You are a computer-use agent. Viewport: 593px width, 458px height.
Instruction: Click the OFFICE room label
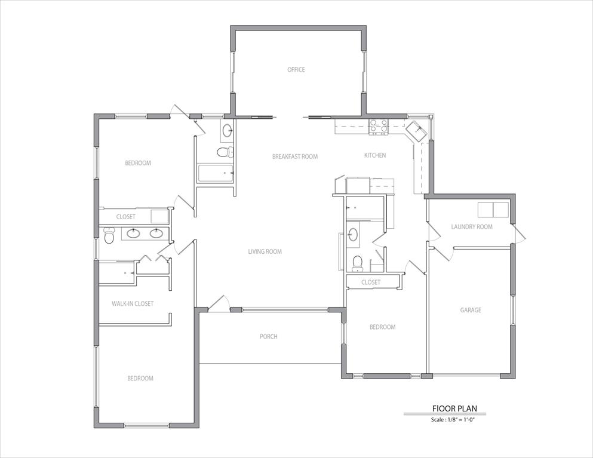296,70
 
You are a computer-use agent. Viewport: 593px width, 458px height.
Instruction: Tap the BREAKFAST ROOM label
295,156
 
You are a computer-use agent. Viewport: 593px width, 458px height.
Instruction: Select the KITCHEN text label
375,155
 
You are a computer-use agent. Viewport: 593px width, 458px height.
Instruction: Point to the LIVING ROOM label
265,252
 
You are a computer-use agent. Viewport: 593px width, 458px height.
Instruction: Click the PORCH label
269,337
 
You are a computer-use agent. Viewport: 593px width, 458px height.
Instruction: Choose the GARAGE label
471,311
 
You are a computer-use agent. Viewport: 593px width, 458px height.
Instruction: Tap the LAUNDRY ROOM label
472,227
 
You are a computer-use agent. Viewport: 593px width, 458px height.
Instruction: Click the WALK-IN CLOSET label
133,304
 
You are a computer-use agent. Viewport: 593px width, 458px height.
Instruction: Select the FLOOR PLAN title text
454,409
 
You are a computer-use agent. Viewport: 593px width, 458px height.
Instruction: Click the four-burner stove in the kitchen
379,126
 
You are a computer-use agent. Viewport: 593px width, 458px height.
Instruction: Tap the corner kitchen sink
416,129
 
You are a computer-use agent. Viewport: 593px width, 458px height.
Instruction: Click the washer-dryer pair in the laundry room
493,210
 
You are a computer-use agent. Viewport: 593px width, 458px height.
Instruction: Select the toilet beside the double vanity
109,238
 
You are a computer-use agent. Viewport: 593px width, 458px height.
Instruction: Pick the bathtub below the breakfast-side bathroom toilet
216,174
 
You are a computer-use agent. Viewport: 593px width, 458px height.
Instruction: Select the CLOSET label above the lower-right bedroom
371,282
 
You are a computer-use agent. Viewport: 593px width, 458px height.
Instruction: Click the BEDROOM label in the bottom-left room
140,379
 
